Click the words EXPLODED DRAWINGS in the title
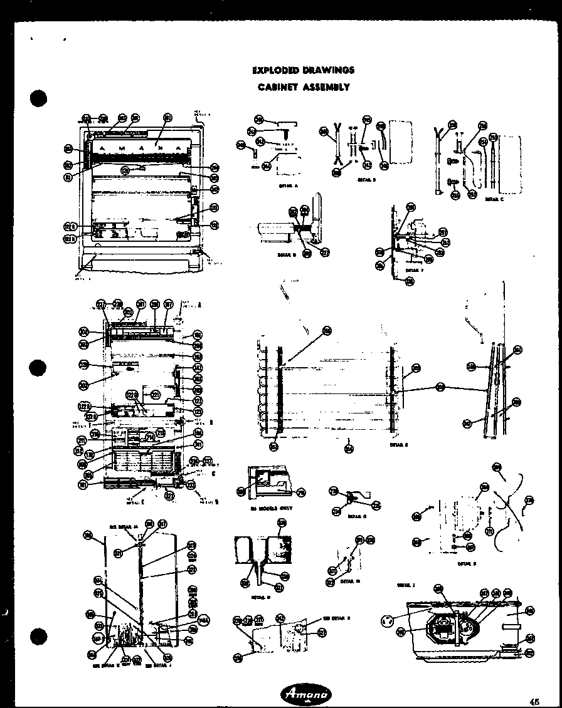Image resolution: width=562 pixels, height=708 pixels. click(303, 70)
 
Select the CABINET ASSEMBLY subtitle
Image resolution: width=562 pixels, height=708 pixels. click(303, 87)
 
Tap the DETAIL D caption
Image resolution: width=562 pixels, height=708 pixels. click(286, 255)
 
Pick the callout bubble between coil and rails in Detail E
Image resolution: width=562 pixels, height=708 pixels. click(440, 388)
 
